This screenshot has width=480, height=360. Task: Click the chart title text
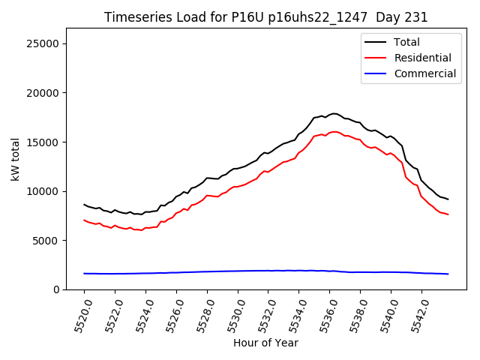click(x=265, y=17)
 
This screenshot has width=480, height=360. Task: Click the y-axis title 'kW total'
click(x=16, y=159)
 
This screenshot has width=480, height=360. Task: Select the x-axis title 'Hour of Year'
click(x=265, y=343)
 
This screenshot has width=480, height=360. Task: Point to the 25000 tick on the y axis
click(x=44, y=43)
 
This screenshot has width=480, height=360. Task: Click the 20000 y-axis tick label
click(x=44, y=93)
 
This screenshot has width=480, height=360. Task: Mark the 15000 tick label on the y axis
click(x=44, y=142)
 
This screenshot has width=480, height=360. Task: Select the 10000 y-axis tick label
click(x=44, y=191)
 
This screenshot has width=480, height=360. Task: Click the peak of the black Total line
click(x=334, y=114)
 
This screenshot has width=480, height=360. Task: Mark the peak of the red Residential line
click(x=334, y=132)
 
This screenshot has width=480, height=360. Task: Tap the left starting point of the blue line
click(x=84, y=274)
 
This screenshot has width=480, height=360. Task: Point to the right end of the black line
click(x=448, y=199)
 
